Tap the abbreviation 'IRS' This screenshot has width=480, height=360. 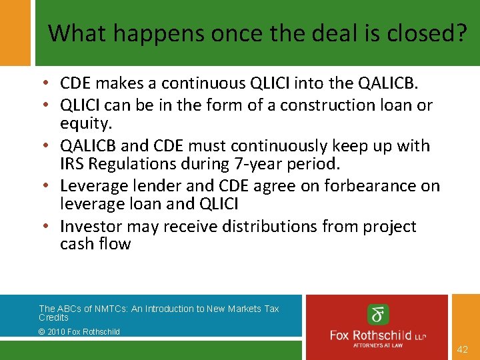click(x=71, y=163)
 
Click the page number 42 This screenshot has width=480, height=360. click(x=462, y=349)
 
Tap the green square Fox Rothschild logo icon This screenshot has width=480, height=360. click(x=378, y=315)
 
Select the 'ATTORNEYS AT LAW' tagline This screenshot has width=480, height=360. click(x=378, y=345)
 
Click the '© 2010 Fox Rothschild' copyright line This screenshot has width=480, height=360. click(x=79, y=331)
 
